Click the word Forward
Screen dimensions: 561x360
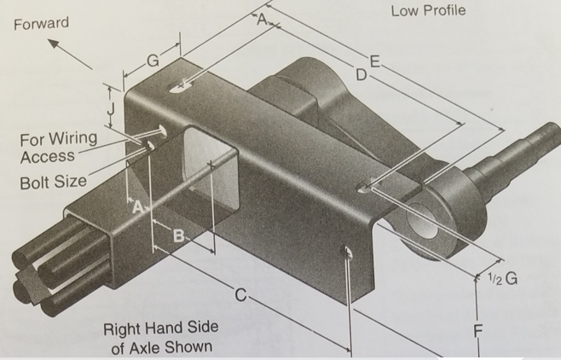41,24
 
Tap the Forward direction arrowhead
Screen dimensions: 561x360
54,44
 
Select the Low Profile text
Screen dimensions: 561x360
428,11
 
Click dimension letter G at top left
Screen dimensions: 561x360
153,61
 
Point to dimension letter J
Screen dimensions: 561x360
112,107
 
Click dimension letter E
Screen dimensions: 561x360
374,62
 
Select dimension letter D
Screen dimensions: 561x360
361,75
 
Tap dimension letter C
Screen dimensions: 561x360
241,295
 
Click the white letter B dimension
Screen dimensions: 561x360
179,236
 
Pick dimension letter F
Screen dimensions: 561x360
478,331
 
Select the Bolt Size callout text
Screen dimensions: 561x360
54,183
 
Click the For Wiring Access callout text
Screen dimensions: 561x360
58,148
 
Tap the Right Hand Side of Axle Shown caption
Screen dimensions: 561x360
161,338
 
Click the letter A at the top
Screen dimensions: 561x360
263,20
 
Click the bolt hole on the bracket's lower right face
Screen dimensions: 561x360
346,252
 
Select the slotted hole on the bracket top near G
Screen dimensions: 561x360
182,86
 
